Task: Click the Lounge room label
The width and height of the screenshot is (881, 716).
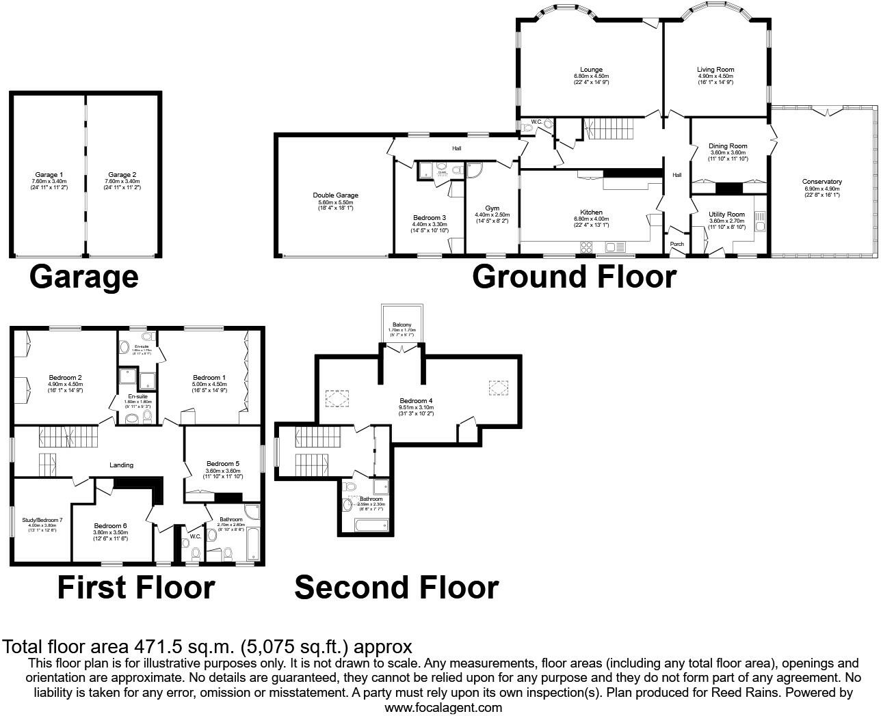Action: coord(591,70)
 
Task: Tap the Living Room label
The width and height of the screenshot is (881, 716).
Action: coord(715,70)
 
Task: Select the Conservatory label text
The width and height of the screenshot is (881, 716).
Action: coord(821,182)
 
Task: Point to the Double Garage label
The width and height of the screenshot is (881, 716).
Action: coord(335,195)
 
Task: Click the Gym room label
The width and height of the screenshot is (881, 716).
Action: coord(492,208)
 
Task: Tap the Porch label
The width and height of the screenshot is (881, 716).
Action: coord(676,244)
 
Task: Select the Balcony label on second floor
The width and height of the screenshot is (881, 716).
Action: coord(402,325)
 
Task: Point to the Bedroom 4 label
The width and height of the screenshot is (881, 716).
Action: coord(416,401)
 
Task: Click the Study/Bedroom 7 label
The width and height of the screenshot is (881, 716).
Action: coord(42,520)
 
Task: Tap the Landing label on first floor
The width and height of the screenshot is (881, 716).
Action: coord(122,465)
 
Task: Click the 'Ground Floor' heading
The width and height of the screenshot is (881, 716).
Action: coord(574,277)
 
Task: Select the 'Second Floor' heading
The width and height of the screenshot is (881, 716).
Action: coord(396,588)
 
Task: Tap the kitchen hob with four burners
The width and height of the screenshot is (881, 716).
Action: coord(586,247)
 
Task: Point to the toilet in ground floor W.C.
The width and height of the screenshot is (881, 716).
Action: coord(547,125)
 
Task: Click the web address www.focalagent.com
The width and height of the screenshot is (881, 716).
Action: coord(443,708)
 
